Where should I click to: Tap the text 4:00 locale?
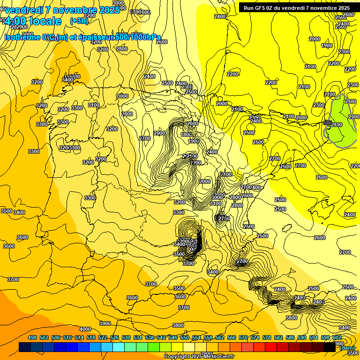tap(33, 21)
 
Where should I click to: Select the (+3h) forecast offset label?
tap(79, 21)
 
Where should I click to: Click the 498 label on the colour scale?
tap(32, 338)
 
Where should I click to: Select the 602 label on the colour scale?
tap(337, 338)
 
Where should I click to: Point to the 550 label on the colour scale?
tap(185, 338)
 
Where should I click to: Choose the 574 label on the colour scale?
tap(255, 338)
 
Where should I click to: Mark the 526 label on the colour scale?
tap(114, 338)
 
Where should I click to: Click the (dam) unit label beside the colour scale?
tap(347, 348)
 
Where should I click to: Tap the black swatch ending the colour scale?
tap(329, 347)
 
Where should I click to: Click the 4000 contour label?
tap(85, 329)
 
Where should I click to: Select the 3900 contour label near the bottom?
tap(105, 324)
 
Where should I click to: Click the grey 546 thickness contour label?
tap(328, 123)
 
